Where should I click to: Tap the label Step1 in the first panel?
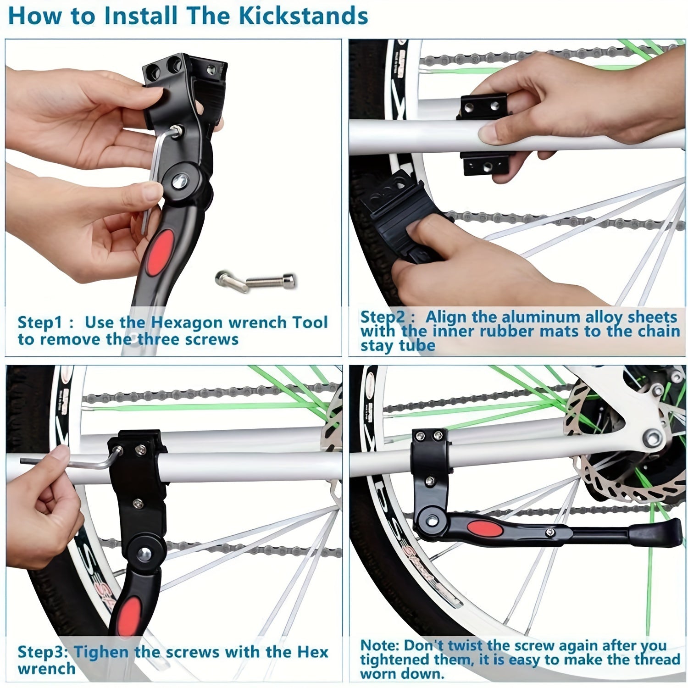pyautogui.click(x=39, y=322)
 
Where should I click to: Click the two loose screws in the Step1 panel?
pyautogui.click(x=256, y=280)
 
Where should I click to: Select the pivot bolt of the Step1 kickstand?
pyautogui.click(x=180, y=179)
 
